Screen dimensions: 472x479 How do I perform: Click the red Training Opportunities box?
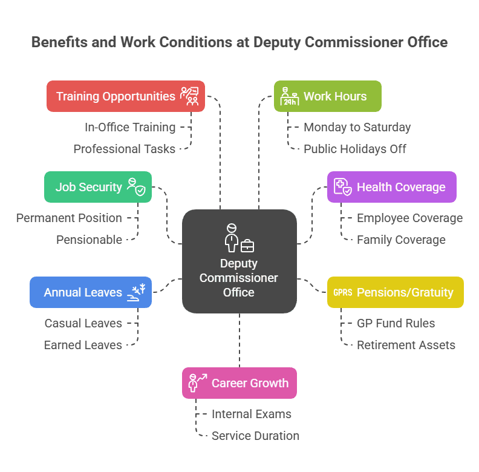coord(126,96)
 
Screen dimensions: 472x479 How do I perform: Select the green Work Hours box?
coord(327,96)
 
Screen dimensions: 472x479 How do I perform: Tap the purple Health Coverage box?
coord(391,187)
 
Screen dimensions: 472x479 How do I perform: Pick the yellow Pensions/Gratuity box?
coord(395,292)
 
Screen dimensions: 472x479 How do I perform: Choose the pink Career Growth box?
coord(239,383)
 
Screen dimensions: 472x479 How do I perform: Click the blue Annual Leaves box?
coord(91,292)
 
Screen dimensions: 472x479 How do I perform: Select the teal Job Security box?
coord(98,187)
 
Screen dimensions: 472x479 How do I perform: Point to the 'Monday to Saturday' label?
coord(357,127)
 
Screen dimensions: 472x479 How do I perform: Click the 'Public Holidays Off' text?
coord(355,149)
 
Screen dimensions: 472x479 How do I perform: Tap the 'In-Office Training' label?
coord(130,127)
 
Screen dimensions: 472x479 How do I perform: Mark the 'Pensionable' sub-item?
coord(89,240)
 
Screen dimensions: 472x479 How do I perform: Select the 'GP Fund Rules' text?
coord(396,323)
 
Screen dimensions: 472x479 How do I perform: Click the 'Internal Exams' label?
coord(252,414)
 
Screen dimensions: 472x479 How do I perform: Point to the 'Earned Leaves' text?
coord(83,345)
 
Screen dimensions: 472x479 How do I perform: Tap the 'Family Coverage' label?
coord(401,240)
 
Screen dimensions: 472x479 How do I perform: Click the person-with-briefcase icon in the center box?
coord(239,238)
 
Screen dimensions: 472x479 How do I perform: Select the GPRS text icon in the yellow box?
coord(342,293)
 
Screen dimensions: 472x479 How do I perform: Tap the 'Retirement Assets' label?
coord(406,345)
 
